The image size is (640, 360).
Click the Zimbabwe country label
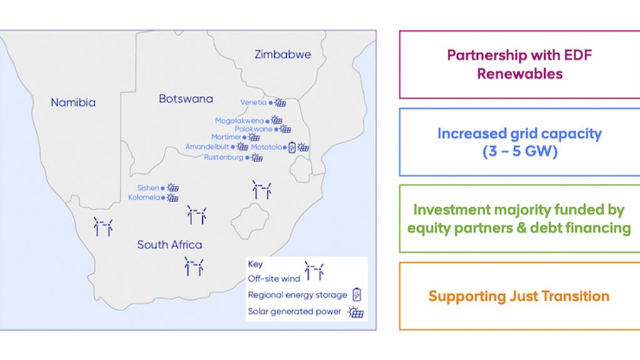coord(282,54)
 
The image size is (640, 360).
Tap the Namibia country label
coord(73,103)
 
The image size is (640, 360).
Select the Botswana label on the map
coord(186,99)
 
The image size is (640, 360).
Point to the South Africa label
coord(169,245)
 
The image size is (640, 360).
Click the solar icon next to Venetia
coord(280,102)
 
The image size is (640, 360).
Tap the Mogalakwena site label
coord(239,121)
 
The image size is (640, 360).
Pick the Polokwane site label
coord(253,129)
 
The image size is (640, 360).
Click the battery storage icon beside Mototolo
coord(292,147)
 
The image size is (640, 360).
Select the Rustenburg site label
coord(224,157)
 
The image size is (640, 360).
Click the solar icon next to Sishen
coord(173,187)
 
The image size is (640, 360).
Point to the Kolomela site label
coord(143,198)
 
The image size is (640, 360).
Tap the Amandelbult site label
coord(207,147)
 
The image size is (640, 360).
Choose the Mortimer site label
coord(226,137)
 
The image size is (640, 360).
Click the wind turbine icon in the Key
coord(314,271)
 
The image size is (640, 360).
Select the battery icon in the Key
coord(357,294)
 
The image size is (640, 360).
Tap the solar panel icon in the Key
coord(356,312)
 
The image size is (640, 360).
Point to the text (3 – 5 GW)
coord(520,152)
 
